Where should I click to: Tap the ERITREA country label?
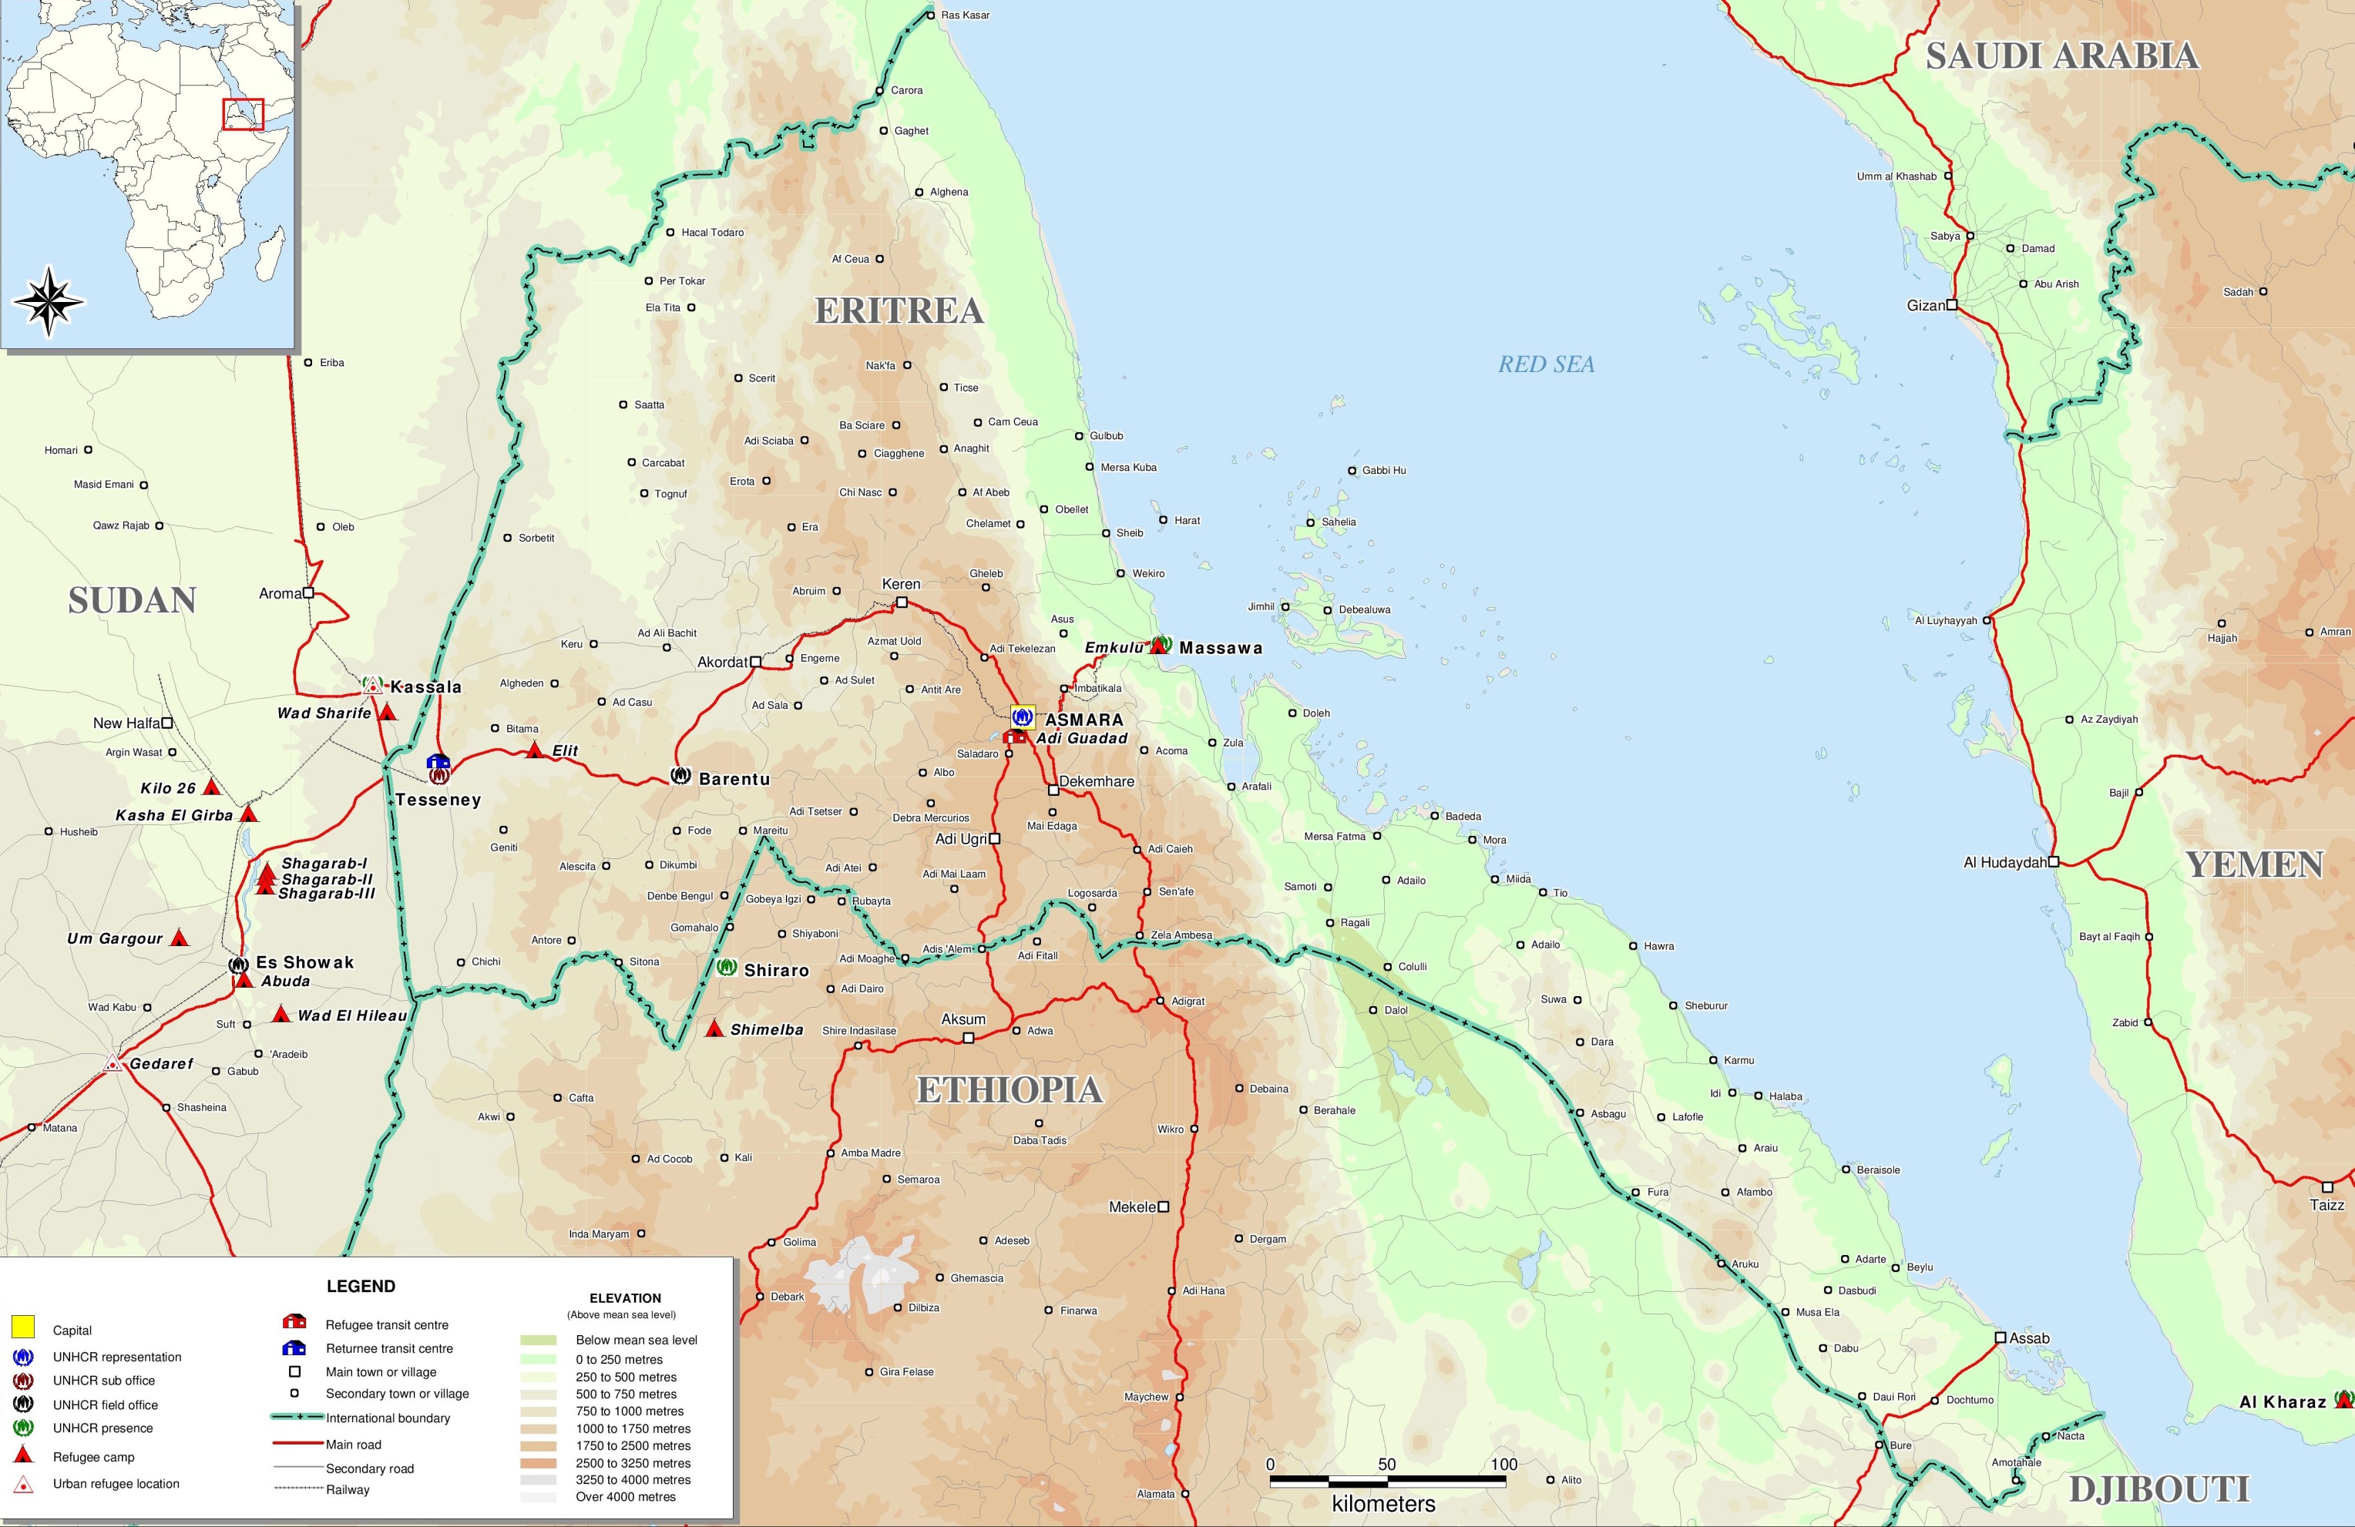899,310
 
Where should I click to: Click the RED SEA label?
1546,364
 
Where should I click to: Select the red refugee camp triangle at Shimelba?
714,1029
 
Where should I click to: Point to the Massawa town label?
1220,648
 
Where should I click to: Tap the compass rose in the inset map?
49,300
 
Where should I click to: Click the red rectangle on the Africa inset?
244,114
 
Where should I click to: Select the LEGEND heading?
360,1286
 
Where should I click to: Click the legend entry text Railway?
348,1489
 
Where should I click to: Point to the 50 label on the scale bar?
1386,1465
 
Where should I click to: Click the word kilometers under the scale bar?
1382,1504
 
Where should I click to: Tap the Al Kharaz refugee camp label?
2282,1401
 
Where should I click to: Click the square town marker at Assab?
2000,1337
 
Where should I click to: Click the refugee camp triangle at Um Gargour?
179,938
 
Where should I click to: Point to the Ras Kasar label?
964,15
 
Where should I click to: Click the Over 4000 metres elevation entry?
626,1496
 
